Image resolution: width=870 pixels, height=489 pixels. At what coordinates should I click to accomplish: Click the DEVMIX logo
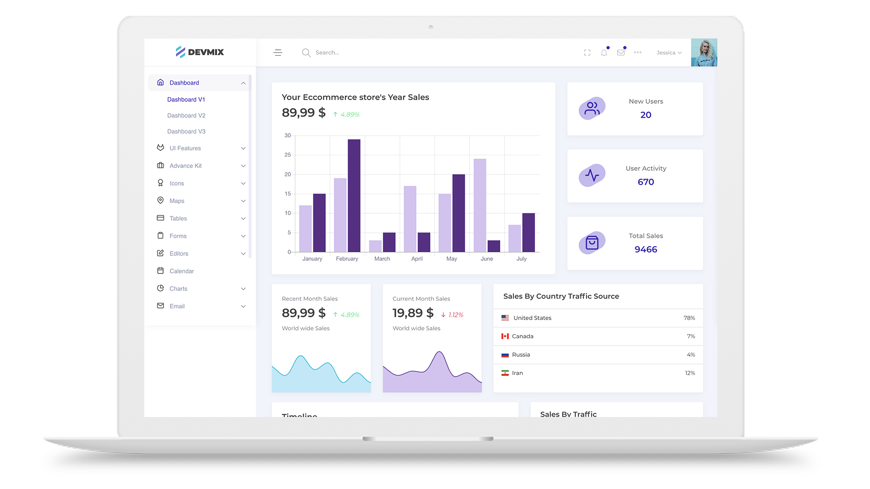pyautogui.click(x=200, y=52)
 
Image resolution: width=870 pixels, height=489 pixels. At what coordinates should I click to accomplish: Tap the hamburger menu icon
pyautogui.click(x=278, y=53)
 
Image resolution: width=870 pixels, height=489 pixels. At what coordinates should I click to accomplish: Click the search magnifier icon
pyautogui.click(x=306, y=53)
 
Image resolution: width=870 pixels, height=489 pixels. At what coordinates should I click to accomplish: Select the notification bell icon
pyautogui.click(x=604, y=53)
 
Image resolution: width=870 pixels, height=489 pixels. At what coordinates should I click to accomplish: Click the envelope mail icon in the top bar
pyautogui.click(x=621, y=53)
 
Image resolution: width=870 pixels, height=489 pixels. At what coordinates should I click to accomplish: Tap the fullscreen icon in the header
pyautogui.click(x=587, y=53)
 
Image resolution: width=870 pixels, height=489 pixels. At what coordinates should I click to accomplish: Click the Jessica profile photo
pyautogui.click(x=704, y=53)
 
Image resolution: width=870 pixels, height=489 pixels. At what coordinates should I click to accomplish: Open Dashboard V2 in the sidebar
pyautogui.click(x=186, y=115)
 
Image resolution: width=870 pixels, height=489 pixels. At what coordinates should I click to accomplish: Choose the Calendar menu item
pyautogui.click(x=182, y=271)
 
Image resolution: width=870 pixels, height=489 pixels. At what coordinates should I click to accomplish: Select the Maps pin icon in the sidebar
pyautogui.click(x=160, y=200)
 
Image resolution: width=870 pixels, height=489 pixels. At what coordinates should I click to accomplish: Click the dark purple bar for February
pyautogui.click(x=354, y=196)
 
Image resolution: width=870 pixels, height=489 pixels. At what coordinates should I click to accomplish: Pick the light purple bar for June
pyautogui.click(x=480, y=205)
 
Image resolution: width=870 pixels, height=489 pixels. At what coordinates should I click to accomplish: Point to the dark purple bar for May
pyautogui.click(x=459, y=213)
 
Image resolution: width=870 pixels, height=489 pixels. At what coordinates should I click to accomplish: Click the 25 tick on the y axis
pyautogui.click(x=288, y=155)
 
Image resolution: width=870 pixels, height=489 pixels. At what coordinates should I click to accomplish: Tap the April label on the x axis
pyautogui.click(x=417, y=259)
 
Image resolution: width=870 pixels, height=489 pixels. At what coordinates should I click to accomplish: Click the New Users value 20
pyautogui.click(x=646, y=115)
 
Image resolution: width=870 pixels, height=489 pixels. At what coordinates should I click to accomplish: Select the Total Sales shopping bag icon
pyautogui.click(x=592, y=243)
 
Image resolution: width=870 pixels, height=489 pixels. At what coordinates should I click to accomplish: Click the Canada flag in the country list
pyautogui.click(x=505, y=336)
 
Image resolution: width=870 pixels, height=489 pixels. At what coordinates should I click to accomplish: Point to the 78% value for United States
pyautogui.click(x=689, y=318)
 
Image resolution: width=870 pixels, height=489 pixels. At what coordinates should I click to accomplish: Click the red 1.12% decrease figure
pyautogui.click(x=455, y=315)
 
